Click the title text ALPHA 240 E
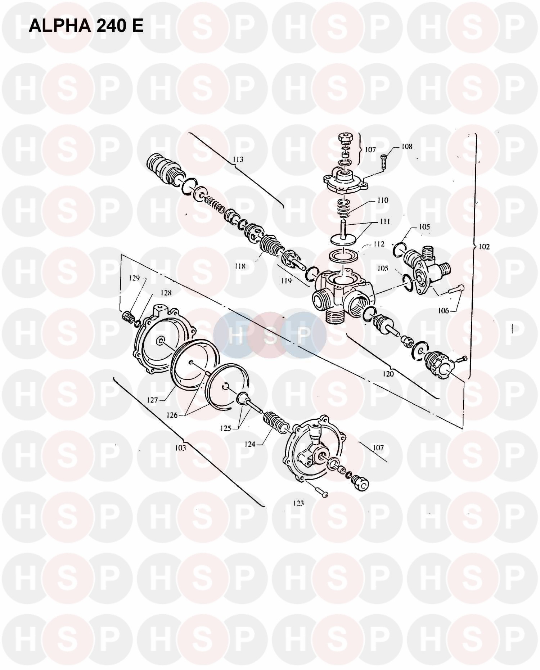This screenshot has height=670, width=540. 86,25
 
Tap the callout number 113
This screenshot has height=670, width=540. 238,159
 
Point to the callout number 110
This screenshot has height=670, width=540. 382,200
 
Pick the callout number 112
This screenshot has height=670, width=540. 378,244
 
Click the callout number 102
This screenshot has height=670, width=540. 484,247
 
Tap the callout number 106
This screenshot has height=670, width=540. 444,310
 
